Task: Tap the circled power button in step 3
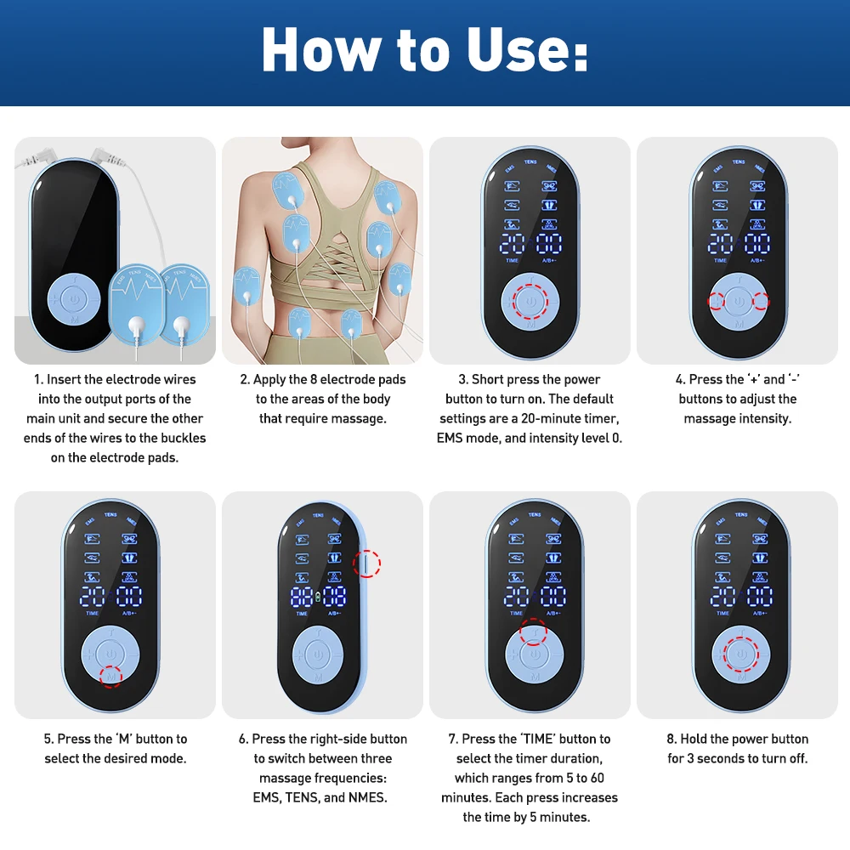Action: click(x=530, y=301)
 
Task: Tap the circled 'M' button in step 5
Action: click(x=110, y=676)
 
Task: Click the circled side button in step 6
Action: click(x=366, y=563)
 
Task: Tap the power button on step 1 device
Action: click(x=74, y=300)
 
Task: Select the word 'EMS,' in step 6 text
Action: click(x=271, y=797)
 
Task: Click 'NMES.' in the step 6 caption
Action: click(x=367, y=797)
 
